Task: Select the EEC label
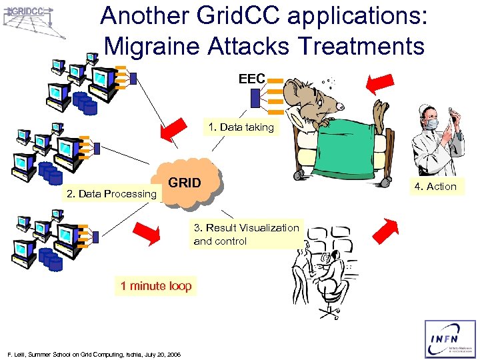click(x=252, y=79)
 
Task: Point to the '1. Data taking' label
click(x=241, y=127)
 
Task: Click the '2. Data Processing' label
click(x=111, y=194)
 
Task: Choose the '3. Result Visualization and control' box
click(x=246, y=235)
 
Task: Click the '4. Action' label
click(x=435, y=187)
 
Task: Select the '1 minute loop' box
click(x=156, y=286)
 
